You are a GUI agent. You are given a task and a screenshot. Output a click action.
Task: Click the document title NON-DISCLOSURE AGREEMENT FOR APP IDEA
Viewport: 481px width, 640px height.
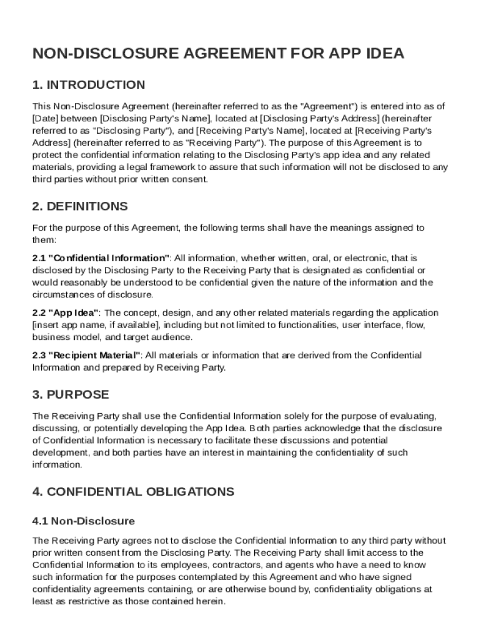pos(218,54)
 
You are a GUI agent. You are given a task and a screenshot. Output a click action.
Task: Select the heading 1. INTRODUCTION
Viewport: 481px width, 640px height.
pos(89,85)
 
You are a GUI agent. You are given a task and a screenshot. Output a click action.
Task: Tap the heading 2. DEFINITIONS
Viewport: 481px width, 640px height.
pos(80,206)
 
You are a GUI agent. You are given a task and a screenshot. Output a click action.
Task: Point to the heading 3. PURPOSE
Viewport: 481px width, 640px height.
pos(71,395)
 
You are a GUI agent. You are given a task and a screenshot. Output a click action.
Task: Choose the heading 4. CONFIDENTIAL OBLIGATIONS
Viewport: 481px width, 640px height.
pos(133,492)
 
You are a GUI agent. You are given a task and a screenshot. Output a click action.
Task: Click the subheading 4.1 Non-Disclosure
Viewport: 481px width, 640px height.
pos(84,521)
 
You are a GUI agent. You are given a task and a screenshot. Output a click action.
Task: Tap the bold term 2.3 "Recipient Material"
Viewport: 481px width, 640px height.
pos(86,356)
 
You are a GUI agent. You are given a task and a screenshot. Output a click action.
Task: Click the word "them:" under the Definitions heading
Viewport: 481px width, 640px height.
pos(44,240)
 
